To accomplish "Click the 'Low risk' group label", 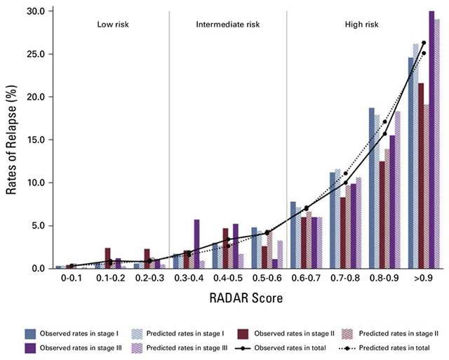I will tap(116, 25).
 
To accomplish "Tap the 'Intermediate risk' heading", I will tap(227, 25).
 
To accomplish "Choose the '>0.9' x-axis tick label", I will tap(423, 279).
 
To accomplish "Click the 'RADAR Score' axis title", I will tap(246, 298).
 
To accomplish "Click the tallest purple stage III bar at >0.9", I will tap(431, 140).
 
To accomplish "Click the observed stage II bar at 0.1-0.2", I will tap(107, 258).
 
